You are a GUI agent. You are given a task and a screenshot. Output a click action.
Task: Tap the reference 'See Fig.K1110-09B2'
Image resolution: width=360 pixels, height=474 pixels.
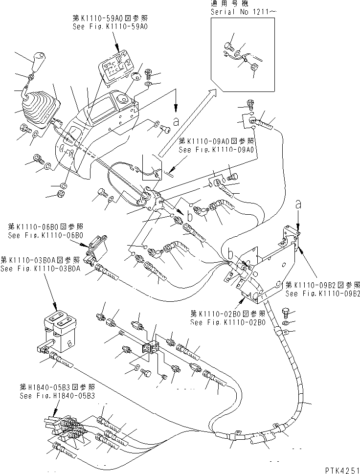click(323, 293)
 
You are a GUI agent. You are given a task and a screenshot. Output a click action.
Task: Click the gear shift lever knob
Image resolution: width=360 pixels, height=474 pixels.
click(38, 63)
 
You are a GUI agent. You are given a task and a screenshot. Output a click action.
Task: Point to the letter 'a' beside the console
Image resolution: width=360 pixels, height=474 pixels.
click(175, 119)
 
